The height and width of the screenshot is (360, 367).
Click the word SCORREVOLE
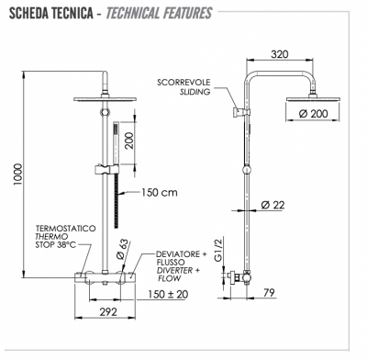pos(183,81)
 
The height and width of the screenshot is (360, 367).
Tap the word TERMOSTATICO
pos(62,227)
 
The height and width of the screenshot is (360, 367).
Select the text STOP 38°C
pos(61,246)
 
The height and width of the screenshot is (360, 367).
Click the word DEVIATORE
pos(157,248)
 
